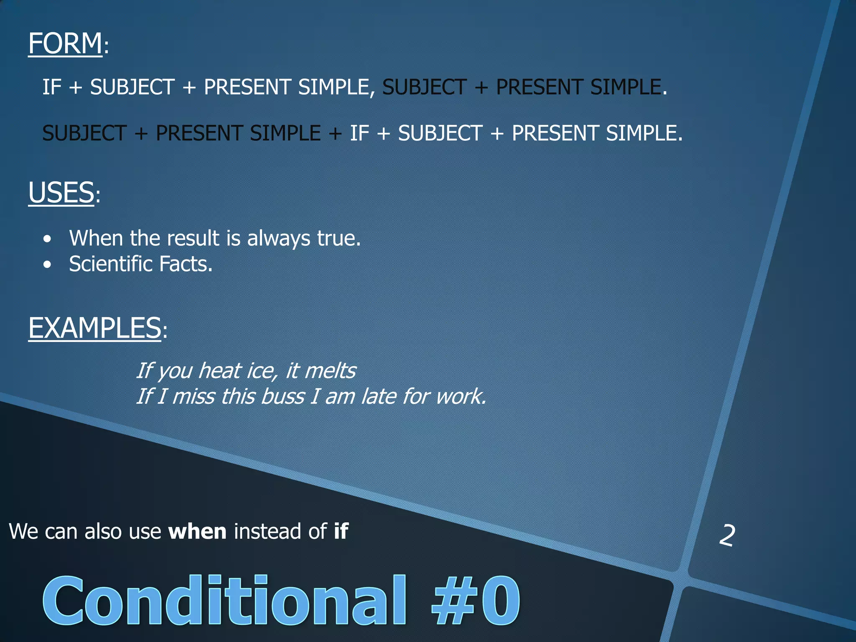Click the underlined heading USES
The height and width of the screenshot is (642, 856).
click(61, 193)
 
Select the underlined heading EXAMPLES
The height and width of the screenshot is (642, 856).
click(94, 328)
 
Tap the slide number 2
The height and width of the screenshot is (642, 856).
click(727, 536)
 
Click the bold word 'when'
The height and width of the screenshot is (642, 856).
click(197, 532)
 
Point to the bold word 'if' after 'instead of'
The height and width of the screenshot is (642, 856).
click(341, 531)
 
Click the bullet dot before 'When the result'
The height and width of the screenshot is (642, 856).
click(48, 239)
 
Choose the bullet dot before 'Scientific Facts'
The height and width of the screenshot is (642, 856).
click(48, 265)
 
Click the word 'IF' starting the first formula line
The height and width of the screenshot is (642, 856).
click(52, 87)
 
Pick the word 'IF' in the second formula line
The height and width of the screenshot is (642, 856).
click(359, 133)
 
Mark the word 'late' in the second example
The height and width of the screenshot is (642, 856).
click(378, 397)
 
